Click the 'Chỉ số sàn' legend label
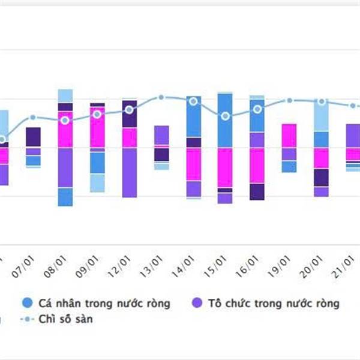click(65, 319)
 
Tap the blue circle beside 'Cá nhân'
click(26, 303)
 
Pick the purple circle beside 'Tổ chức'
click(196, 303)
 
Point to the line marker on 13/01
click(161, 97)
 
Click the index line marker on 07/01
click(33, 118)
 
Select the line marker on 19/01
click(290, 101)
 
